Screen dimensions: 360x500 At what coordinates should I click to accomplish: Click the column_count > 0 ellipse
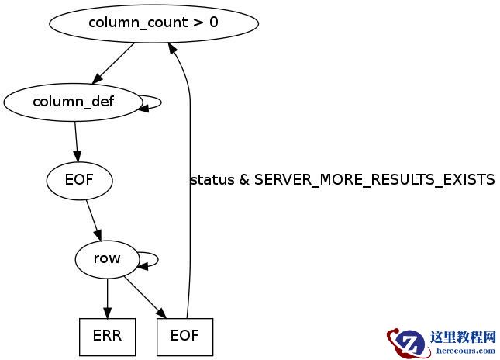(153, 22)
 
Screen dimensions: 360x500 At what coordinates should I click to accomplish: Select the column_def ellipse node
(72, 102)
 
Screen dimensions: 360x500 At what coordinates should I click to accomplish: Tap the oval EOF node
(79, 182)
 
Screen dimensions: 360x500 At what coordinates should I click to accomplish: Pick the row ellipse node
(107, 258)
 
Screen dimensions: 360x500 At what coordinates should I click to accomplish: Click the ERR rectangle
(107, 337)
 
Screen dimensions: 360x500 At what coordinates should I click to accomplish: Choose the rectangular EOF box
(184, 337)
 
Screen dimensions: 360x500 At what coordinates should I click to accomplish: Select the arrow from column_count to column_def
(113, 63)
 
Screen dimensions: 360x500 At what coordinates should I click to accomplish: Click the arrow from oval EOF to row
(94, 220)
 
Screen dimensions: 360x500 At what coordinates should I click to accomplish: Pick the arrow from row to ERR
(107, 297)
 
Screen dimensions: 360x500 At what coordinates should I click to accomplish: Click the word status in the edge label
(212, 180)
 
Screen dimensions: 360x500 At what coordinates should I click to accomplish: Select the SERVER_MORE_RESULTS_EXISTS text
(374, 180)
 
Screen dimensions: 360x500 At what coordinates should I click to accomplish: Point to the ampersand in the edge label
(244, 180)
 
